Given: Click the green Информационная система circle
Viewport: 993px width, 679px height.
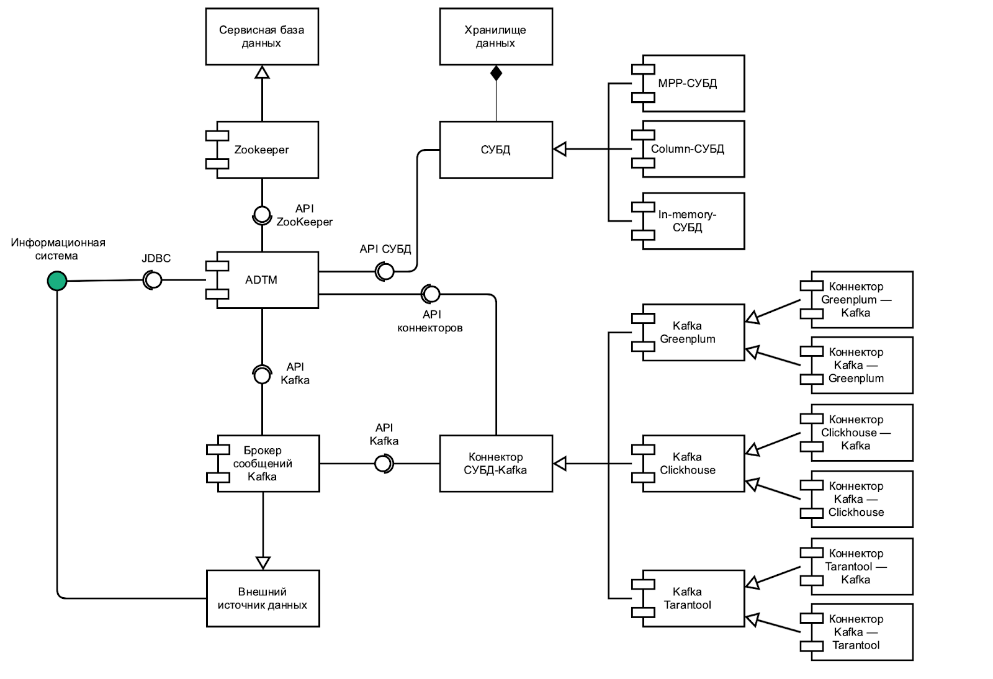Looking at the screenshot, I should click(x=57, y=281).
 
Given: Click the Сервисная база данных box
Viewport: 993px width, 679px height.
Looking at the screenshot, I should click(x=262, y=37).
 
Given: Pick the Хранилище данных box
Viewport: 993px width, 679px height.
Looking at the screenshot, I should click(x=496, y=37).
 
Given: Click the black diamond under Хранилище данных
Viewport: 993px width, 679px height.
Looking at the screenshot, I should click(x=496, y=73).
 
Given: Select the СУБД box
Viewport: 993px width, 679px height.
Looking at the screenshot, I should click(x=496, y=150).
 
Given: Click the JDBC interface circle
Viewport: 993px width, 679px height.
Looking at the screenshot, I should click(x=153, y=280).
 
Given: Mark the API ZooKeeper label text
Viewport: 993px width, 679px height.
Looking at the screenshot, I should click(x=305, y=215).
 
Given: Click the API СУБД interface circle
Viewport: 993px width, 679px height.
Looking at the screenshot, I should click(x=385, y=271).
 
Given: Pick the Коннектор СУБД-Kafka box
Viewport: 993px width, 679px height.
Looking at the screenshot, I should click(x=496, y=464).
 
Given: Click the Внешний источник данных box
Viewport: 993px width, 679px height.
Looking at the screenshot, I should click(x=263, y=598).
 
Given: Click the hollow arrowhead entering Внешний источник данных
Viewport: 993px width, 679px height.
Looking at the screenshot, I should click(x=263, y=562).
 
